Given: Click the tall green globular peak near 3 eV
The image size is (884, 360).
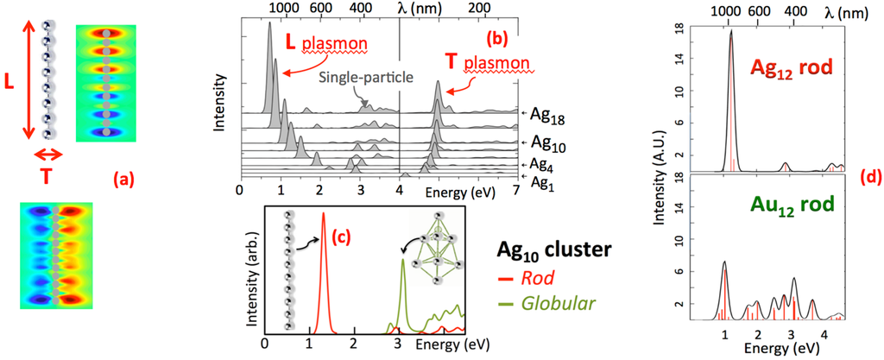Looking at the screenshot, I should [402, 276].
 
